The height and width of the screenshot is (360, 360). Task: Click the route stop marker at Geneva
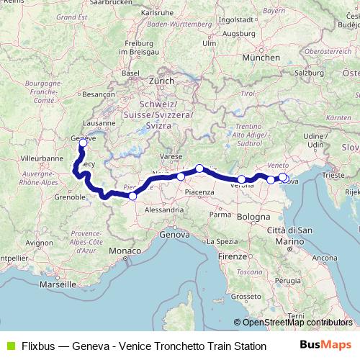pyautogui.click(x=84, y=122)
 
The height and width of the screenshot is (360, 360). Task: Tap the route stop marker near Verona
pyautogui.click(x=241, y=160)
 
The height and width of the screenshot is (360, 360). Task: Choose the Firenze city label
pyautogui.click(x=233, y=256)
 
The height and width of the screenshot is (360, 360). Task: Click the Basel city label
pyautogui.click(x=130, y=73)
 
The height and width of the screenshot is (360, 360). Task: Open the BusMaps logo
pyautogui.click(x=325, y=345)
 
